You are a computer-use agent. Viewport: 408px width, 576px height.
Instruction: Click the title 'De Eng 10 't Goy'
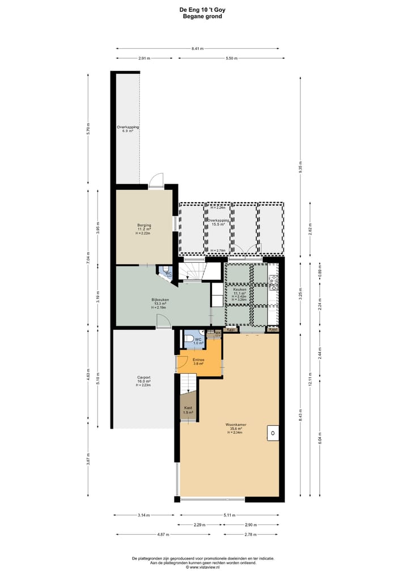click(x=202, y=10)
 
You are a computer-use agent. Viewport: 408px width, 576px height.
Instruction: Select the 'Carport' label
click(x=142, y=377)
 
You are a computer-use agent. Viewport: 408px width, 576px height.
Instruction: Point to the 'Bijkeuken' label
click(x=160, y=299)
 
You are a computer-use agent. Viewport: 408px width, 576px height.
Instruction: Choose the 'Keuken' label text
click(x=239, y=289)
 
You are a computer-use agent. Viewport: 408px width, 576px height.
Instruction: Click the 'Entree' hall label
click(x=198, y=359)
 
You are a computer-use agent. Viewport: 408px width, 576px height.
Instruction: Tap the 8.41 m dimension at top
click(x=197, y=48)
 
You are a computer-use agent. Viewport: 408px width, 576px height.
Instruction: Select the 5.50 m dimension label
click(x=231, y=58)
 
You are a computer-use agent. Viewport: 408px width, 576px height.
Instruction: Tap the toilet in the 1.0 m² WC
click(x=189, y=340)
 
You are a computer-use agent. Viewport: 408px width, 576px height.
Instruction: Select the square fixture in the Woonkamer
click(x=273, y=433)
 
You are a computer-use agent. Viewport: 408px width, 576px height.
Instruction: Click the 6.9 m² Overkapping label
click(x=127, y=129)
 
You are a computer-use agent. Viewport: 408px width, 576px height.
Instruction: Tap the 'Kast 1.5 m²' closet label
click(x=188, y=409)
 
